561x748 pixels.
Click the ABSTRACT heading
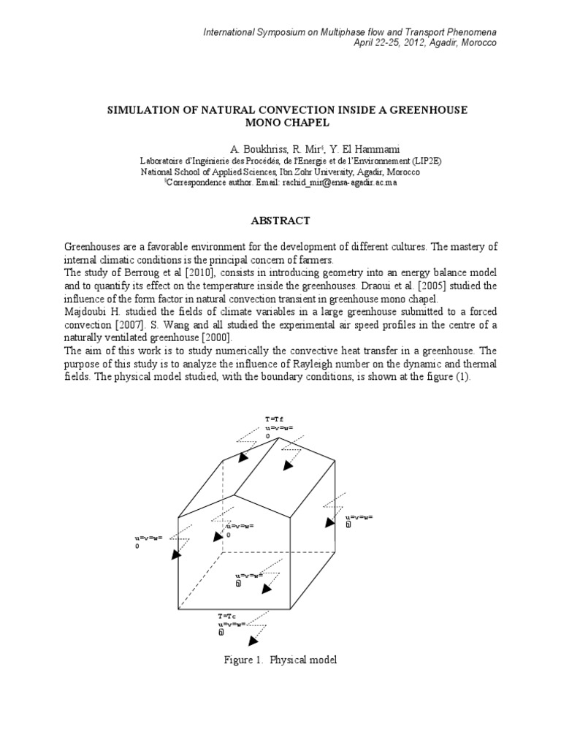[x=280, y=221]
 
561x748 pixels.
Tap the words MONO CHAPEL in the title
[x=280, y=123]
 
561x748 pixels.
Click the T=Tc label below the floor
[x=226, y=617]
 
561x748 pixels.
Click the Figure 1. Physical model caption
[x=280, y=660]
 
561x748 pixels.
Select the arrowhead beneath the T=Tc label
[x=253, y=641]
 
